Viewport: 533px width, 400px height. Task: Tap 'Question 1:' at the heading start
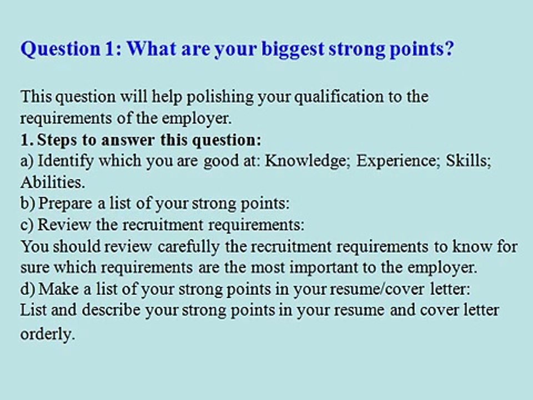(72, 49)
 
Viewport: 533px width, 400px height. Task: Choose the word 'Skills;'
(469, 161)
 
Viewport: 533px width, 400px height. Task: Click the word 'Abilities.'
(52, 182)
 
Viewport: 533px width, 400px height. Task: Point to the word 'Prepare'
(66, 204)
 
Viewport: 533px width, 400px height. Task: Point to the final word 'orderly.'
(47, 334)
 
